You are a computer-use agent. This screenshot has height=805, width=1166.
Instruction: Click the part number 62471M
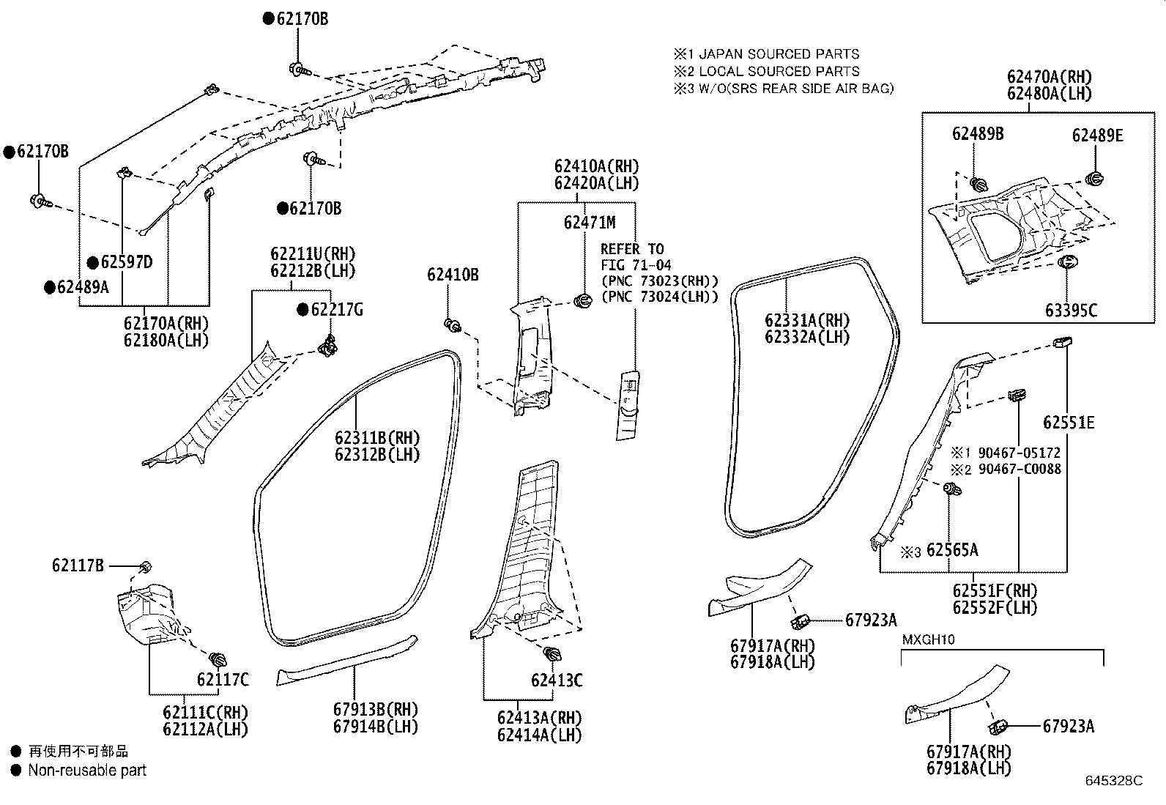point(590,223)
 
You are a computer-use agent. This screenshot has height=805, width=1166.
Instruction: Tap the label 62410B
point(453,275)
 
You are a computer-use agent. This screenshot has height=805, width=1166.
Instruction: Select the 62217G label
point(337,310)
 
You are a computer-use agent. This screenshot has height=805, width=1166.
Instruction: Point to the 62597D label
point(127,262)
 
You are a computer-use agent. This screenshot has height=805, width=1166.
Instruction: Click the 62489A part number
point(83,287)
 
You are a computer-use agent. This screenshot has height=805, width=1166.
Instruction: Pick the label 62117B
point(78,565)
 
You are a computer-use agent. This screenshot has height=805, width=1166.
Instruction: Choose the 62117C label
point(223,680)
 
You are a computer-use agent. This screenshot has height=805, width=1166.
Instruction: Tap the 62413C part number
point(557,680)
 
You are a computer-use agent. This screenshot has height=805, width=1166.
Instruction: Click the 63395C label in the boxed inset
point(1072,311)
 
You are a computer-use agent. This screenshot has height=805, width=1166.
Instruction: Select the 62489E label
point(1097,136)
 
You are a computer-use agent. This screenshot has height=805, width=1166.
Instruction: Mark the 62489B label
point(978,134)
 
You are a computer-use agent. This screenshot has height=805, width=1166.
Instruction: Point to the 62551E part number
point(1069,423)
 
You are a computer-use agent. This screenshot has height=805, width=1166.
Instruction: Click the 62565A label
point(953,550)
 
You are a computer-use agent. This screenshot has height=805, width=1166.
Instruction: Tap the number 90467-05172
point(1020,453)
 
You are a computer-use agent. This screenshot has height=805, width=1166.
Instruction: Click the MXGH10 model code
point(929,639)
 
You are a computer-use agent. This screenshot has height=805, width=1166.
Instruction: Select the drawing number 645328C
point(1114,781)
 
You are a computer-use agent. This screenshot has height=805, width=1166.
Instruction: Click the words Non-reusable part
point(87,770)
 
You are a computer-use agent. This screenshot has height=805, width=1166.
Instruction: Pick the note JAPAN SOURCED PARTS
point(779,54)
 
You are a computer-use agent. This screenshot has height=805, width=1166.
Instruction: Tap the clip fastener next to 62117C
point(218,659)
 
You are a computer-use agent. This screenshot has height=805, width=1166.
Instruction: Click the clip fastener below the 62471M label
point(582,300)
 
